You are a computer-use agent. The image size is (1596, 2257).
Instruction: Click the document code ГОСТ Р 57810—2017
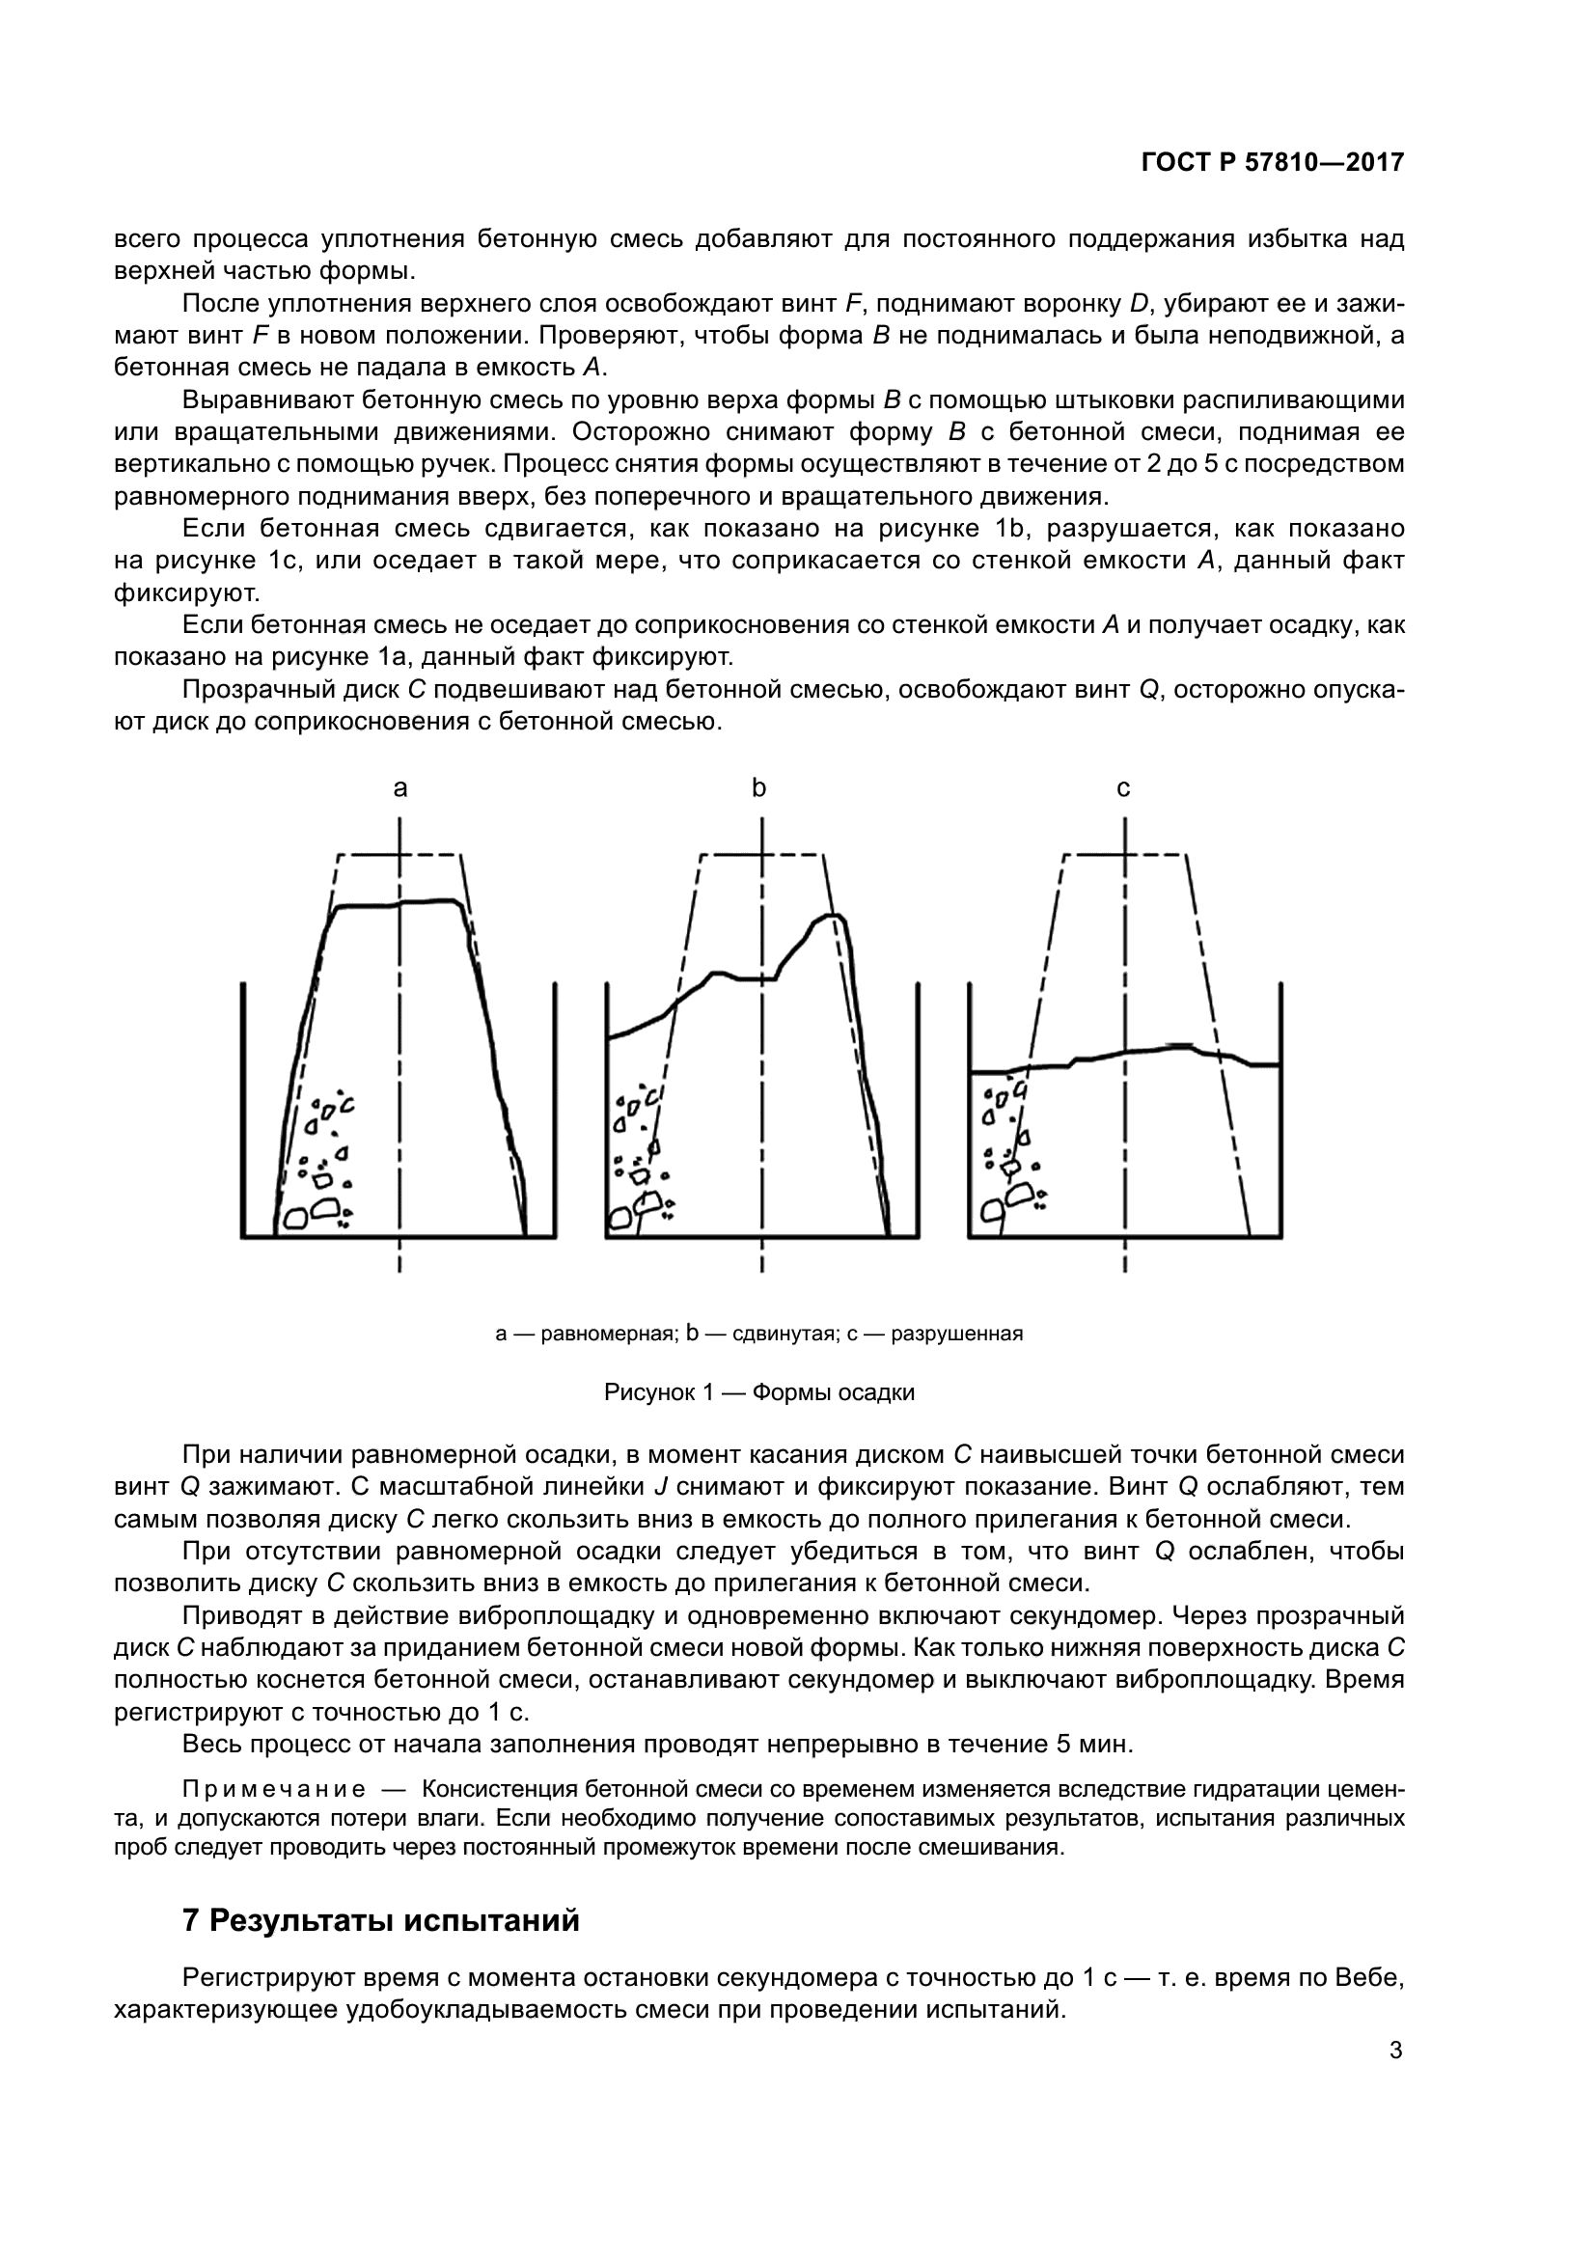1273,163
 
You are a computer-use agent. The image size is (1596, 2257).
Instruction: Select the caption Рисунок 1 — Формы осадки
758,1393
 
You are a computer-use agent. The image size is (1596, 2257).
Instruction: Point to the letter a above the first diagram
399,787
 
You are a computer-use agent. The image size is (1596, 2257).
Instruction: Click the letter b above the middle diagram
758,787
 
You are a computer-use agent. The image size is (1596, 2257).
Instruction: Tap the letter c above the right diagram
1123,787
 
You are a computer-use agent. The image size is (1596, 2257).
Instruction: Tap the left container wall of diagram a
243,1111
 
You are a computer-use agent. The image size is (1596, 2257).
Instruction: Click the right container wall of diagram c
1281,1111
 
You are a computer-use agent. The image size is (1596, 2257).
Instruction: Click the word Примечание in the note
274,1790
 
